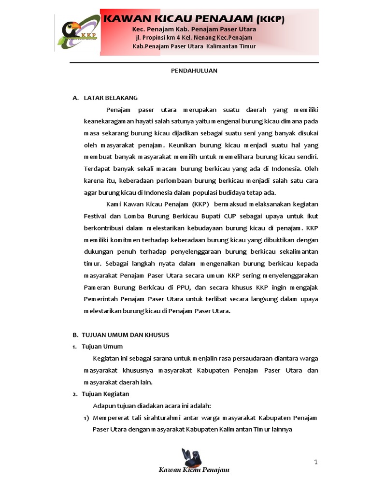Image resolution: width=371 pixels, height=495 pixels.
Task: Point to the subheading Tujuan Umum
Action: coord(102,346)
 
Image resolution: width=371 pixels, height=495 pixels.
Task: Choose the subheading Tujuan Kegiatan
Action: coord(105,393)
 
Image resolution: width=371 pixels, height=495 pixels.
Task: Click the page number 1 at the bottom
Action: coord(316,462)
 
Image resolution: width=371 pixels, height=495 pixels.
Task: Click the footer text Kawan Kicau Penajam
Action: coord(194,470)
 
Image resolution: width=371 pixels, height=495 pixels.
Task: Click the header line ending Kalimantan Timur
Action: coord(194,46)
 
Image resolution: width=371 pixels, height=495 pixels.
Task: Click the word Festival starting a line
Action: coord(95,216)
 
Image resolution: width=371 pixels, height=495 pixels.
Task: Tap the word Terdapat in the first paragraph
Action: coord(97,169)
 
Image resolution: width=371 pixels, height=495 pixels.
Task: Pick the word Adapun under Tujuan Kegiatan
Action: coord(103,406)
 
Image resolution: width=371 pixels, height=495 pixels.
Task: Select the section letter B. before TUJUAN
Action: coord(75,335)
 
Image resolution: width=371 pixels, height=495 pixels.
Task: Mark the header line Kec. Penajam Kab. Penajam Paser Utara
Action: coord(194,29)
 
